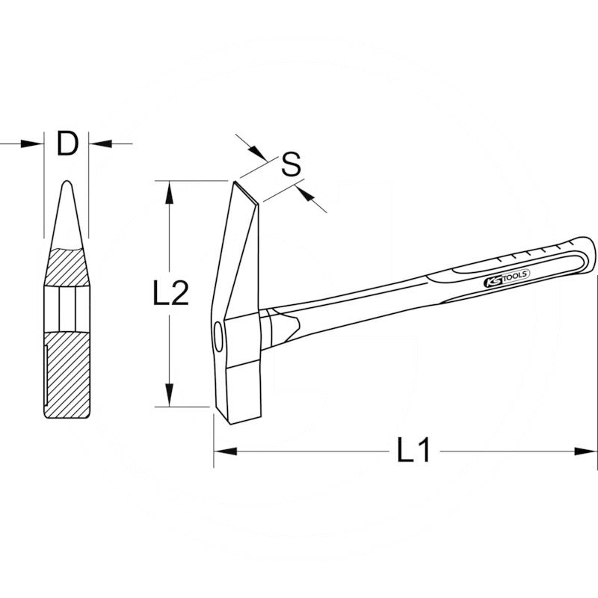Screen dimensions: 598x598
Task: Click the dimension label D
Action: point(67,144)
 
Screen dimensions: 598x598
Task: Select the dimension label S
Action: point(292,164)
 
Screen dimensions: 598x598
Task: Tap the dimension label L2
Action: point(170,294)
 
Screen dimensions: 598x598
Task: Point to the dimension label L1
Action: point(413,451)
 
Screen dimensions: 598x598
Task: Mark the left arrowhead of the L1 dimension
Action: point(224,451)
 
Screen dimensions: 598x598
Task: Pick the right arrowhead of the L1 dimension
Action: point(587,451)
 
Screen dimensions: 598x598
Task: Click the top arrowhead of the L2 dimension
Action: point(171,191)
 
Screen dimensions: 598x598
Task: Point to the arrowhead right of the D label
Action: point(100,143)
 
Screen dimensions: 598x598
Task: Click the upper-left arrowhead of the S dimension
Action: point(259,153)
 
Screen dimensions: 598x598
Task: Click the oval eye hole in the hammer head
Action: point(218,336)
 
